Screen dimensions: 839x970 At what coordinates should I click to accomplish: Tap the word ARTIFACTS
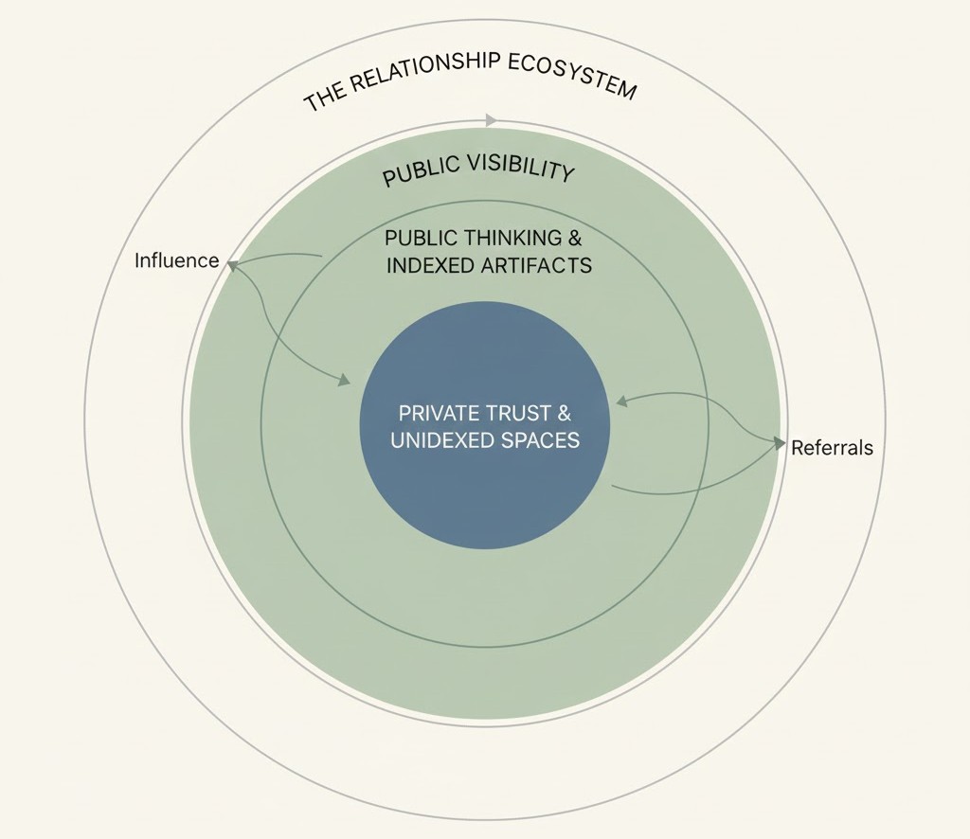point(537,265)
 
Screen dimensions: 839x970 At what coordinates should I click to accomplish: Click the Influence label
point(176,260)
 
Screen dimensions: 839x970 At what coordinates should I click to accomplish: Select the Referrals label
point(832,448)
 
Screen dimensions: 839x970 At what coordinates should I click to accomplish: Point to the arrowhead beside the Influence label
point(229,266)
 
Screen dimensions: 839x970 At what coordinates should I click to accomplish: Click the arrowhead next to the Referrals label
point(780,442)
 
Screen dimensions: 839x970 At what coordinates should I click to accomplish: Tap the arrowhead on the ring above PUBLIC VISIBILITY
point(491,120)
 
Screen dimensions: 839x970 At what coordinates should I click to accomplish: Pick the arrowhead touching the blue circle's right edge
point(621,402)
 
